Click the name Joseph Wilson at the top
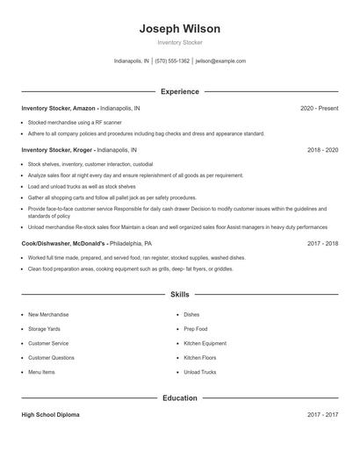pyautogui.click(x=179, y=29)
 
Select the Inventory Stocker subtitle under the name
pyautogui.click(x=179, y=43)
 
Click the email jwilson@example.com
pyautogui.click(x=220, y=61)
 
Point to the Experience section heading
pyautogui.click(x=179, y=91)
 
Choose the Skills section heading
pyautogui.click(x=179, y=295)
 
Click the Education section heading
pyautogui.click(x=179, y=397)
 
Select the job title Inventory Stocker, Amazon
pyautogui.click(x=59, y=108)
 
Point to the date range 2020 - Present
pyautogui.click(x=319, y=108)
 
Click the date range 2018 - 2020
pyautogui.click(x=322, y=150)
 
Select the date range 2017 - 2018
pyautogui.click(x=322, y=243)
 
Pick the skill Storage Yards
pyautogui.click(x=45, y=329)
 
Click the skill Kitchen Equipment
pyautogui.click(x=205, y=343)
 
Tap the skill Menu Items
pyautogui.click(x=41, y=372)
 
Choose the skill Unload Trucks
pyautogui.click(x=199, y=372)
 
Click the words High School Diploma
pyautogui.click(x=50, y=414)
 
